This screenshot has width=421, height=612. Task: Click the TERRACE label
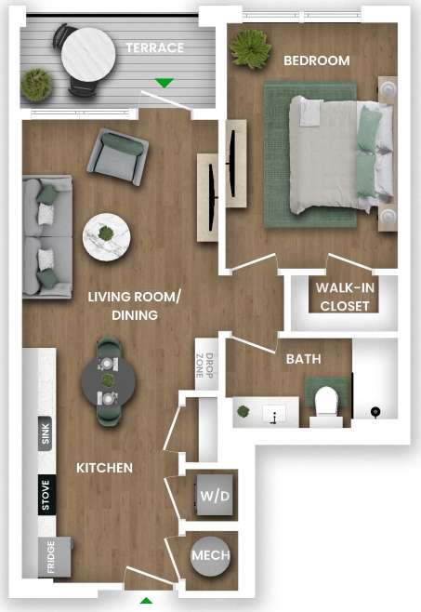[x=155, y=47]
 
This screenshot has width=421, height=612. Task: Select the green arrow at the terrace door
[x=164, y=83]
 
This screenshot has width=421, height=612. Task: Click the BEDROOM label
[x=316, y=60]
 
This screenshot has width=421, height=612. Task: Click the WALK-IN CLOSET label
[x=345, y=297]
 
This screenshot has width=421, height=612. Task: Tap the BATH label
[x=304, y=358]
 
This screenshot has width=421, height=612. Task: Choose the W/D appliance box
[x=215, y=496]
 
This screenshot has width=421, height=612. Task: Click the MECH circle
[x=211, y=556]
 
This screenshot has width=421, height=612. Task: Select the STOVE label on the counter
[x=45, y=495]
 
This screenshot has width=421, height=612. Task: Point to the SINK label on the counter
[x=45, y=434]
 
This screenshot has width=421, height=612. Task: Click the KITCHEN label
[x=104, y=467]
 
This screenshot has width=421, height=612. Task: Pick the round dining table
[x=108, y=380]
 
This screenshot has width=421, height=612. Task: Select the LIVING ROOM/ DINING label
[x=136, y=306]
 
